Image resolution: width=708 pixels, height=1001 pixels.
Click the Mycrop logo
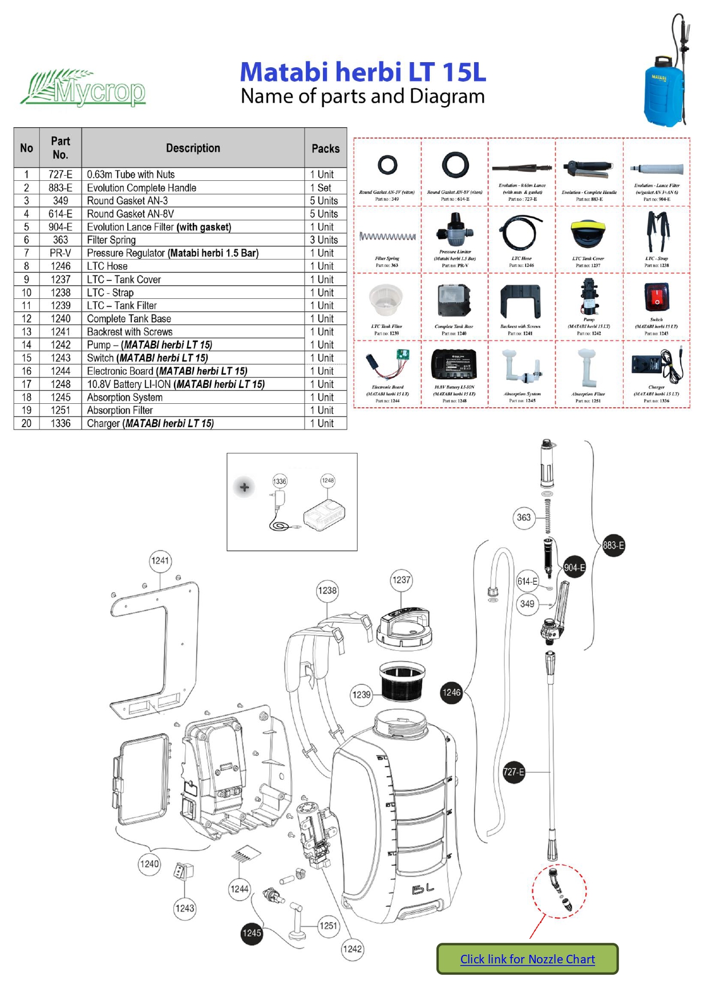pos(83,88)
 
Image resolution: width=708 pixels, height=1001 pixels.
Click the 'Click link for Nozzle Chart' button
pos(527,959)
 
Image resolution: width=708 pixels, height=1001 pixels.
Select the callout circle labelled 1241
pos(160,561)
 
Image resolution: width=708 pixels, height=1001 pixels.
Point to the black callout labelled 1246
pos(451,692)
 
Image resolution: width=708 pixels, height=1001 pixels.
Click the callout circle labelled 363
pos(523,517)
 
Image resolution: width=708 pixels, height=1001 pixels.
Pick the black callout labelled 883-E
pos(613,545)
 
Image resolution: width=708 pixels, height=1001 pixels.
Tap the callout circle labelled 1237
pos(401,580)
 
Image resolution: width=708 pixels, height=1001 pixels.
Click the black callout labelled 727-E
pos(513,772)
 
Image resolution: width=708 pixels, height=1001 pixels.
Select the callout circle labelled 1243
pos(184,908)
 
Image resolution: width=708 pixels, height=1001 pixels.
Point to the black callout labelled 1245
pos(252,933)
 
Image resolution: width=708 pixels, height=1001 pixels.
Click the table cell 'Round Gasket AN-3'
pos(193,201)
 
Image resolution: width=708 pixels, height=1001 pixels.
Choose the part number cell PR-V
pos(60,253)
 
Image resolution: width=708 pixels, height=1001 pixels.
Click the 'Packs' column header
pos(325,148)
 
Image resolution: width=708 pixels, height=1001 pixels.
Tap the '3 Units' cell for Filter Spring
pos(324,240)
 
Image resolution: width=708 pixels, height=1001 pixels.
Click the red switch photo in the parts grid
pos(656,298)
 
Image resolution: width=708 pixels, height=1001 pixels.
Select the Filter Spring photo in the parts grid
pos(387,236)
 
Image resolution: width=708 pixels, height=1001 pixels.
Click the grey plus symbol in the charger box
pos(244,488)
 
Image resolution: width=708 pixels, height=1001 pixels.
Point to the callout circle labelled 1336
pos(280,481)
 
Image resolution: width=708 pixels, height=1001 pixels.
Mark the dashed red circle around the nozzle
pos(559,890)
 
